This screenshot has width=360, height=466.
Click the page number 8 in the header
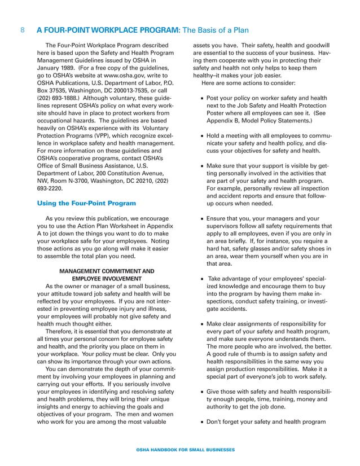pos(22,30)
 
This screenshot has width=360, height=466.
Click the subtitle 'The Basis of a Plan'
pos(215,30)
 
